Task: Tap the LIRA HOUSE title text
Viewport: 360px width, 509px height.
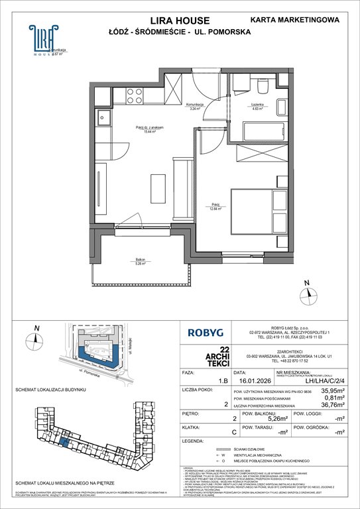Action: (179, 21)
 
